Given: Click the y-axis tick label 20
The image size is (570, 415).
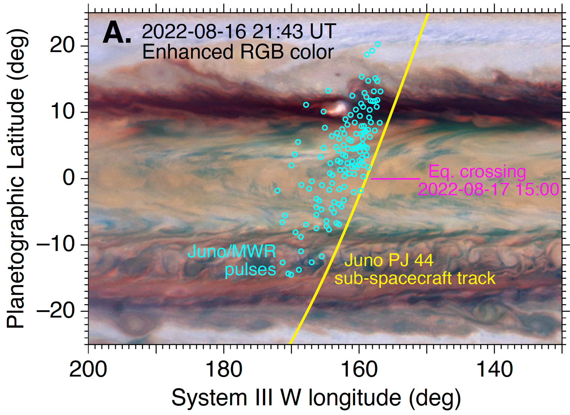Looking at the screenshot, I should point(63,46).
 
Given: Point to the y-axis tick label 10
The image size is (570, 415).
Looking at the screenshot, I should point(63,112).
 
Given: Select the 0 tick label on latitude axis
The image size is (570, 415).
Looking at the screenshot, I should point(69,178).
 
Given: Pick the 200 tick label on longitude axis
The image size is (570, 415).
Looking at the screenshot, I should point(88,369).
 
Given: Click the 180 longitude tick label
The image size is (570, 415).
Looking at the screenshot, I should point(223,369).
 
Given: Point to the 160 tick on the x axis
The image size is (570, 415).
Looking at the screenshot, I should point(359,369).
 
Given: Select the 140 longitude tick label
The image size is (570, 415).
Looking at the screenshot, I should point(494,369).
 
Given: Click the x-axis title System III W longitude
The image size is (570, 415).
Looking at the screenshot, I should point(316,398).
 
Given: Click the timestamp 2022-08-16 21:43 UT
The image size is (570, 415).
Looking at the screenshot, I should point(239,31).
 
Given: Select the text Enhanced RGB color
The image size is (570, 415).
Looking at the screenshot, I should point(238,52).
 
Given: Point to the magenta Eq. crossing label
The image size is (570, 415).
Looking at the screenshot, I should point(477,172).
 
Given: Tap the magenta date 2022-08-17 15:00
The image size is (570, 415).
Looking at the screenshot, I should point(489,189).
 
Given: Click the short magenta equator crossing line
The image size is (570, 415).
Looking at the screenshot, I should point(395,178).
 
